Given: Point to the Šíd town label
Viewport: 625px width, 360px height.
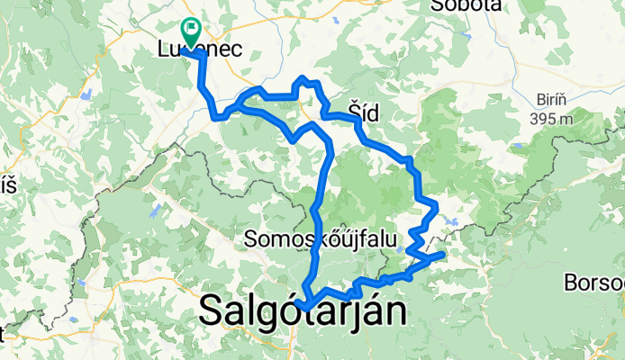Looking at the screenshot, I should (x=363, y=111).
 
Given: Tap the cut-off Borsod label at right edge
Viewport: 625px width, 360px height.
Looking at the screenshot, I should (x=594, y=283).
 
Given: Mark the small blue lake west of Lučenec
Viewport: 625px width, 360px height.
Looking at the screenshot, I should (x=86, y=93).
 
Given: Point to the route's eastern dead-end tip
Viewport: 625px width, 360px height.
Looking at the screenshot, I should (x=441, y=256).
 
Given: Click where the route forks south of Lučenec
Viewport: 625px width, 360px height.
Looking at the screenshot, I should (x=229, y=111).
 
